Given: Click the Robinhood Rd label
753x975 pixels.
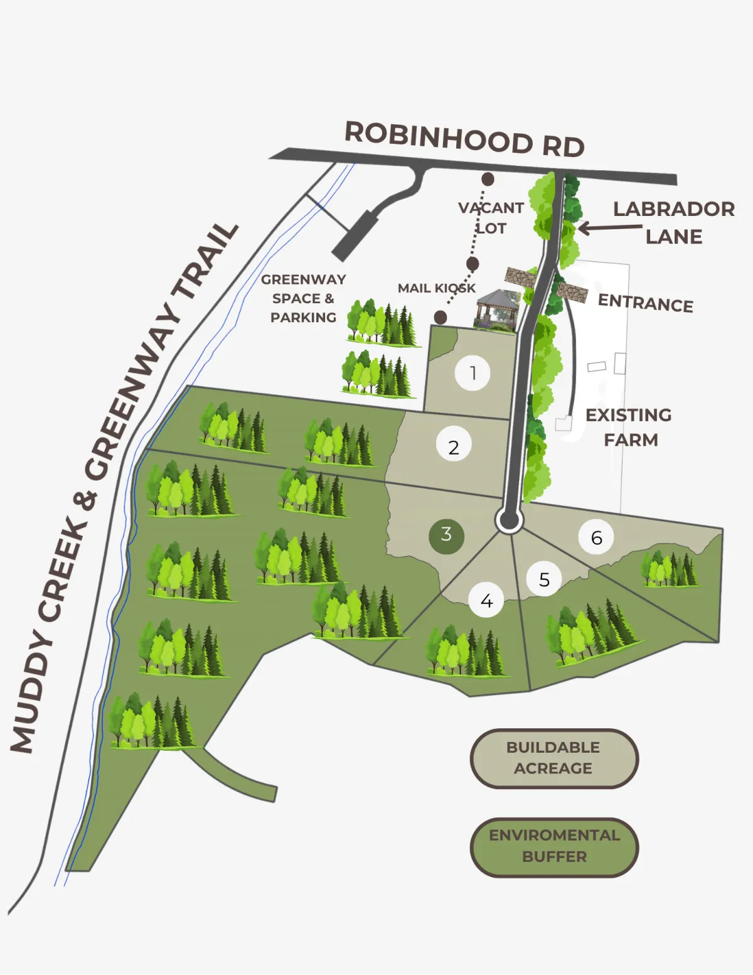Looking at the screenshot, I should click(x=464, y=139).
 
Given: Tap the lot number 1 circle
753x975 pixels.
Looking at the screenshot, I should click(x=473, y=373).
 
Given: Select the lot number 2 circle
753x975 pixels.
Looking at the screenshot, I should click(x=454, y=447).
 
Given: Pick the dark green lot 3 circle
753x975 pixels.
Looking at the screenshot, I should click(x=446, y=536).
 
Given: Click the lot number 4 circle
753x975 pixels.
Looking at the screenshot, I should click(x=486, y=601).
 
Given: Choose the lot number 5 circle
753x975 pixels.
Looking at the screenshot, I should click(x=544, y=579).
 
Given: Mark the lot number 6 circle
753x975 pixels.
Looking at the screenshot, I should click(x=596, y=537).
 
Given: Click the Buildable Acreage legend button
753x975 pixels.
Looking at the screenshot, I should click(x=553, y=758).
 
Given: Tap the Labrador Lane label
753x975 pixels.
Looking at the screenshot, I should click(x=673, y=222).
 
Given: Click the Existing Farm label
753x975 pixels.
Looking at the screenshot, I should click(x=629, y=427).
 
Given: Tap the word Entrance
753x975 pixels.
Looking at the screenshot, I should click(x=645, y=303).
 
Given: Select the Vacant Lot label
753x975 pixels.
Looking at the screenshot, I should click(x=491, y=217).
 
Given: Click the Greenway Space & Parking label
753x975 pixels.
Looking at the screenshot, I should click(x=303, y=298).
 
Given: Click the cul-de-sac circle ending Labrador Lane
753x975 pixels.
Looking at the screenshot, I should click(x=509, y=520).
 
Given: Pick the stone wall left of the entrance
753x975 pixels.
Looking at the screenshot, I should click(x=521, y=277).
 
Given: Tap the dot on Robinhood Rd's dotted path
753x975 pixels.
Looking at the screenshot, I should click(x=488, y=180).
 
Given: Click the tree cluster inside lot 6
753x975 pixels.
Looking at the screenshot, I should click(x=669, y=568).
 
